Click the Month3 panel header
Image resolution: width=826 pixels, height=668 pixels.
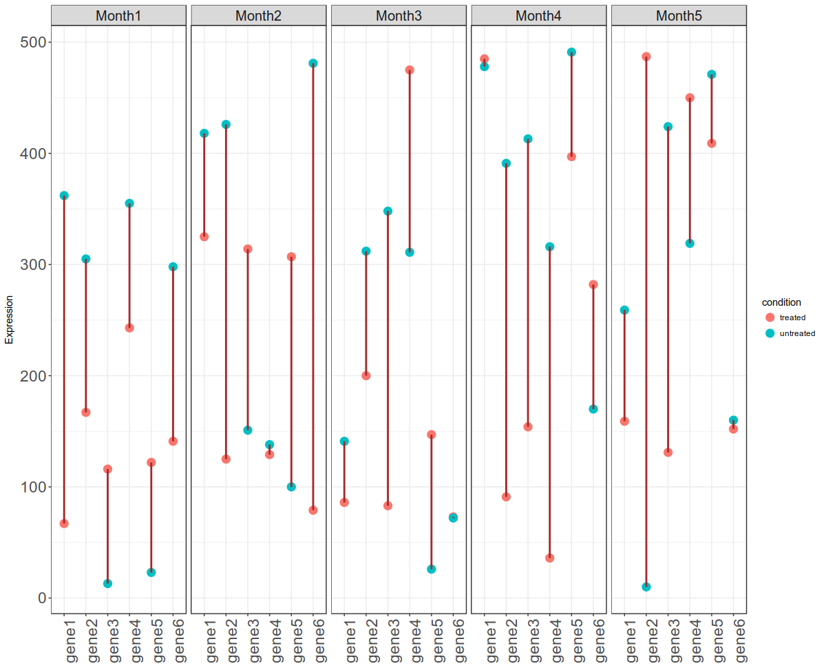point(399,15)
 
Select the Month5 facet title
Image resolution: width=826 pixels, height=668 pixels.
point(679,15)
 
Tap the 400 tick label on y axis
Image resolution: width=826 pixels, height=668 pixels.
point(31,154)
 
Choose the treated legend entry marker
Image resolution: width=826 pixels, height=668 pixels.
point(770,317)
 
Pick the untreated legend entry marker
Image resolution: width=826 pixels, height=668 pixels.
point(770,333)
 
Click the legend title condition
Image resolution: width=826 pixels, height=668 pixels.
point(781,302)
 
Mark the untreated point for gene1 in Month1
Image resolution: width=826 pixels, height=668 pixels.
point(64,196)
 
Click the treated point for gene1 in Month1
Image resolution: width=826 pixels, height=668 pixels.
point(64,523)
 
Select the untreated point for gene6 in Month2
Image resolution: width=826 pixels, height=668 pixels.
point(313,63)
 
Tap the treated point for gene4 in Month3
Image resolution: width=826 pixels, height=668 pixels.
point(410,70)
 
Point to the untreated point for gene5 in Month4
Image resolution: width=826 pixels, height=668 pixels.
point(571,52)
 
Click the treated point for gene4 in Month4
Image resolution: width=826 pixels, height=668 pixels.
point(549,558)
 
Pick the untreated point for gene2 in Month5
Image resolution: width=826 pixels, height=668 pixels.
point(646,587)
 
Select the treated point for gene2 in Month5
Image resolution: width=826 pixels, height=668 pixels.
point(646,56)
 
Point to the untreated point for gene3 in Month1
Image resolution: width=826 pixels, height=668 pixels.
point(107,583)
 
